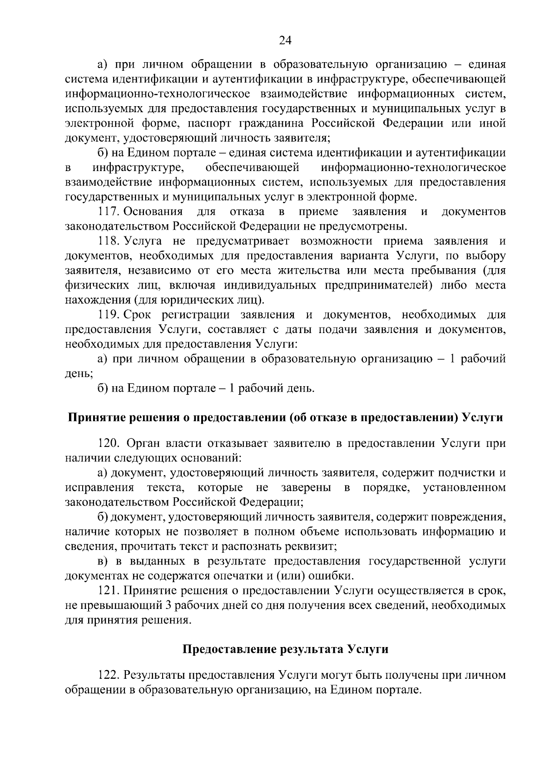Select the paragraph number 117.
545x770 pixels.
pos(109,211)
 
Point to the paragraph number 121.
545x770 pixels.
pos(109,591)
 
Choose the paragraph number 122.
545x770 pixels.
pos(109,675)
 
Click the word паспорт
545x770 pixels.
pos(210,123)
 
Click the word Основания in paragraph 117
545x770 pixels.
pos(153,211)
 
